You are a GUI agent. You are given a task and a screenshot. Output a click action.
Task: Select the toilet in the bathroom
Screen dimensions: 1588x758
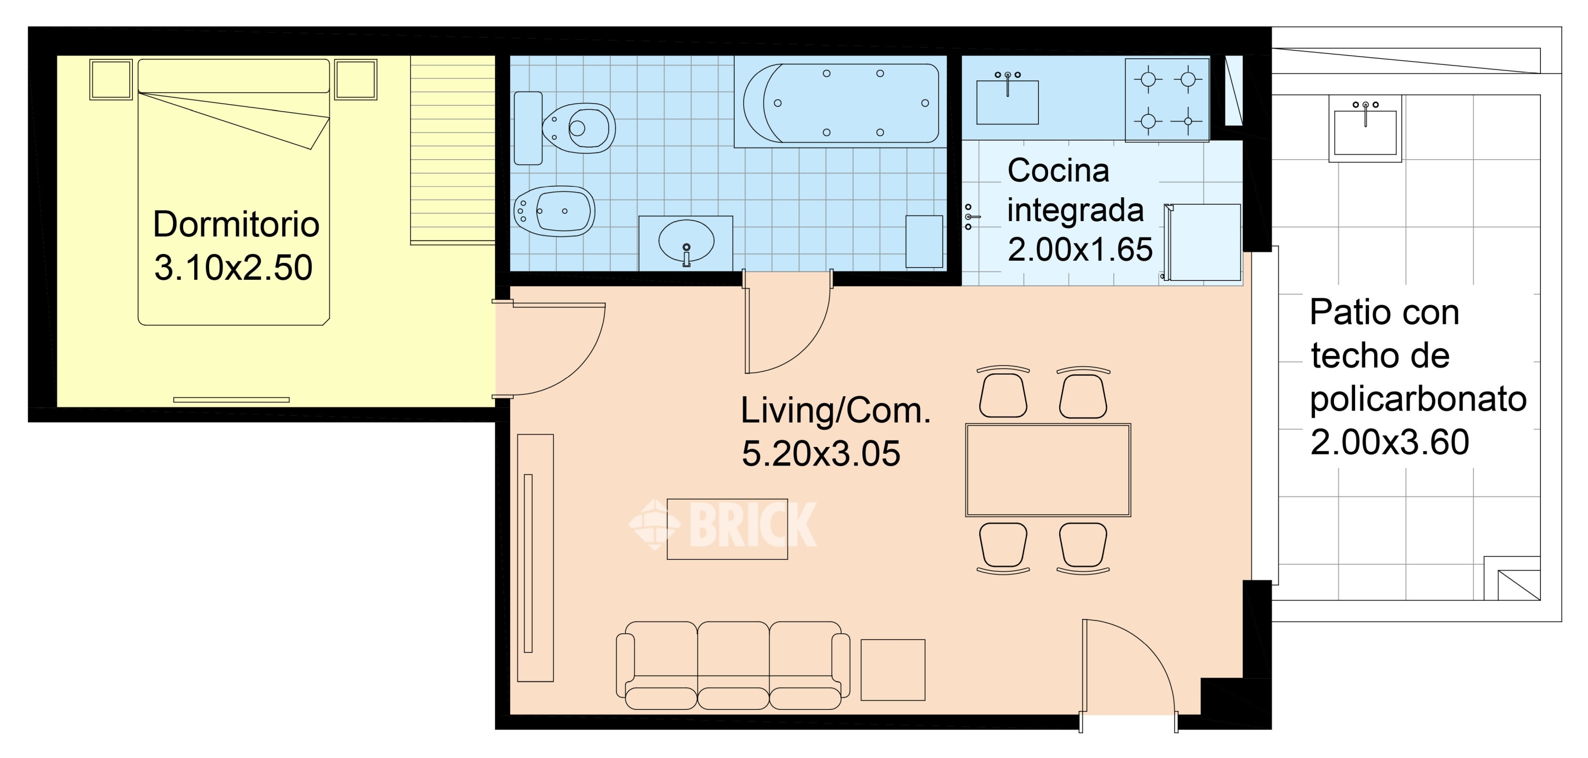coord(565,128)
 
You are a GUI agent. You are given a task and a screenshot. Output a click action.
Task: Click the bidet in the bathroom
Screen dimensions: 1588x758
coord(554,211)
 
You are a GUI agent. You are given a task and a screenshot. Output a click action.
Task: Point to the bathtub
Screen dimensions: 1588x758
coord(840,102)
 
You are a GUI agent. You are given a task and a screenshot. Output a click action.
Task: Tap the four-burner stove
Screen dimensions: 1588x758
coord(1168,100)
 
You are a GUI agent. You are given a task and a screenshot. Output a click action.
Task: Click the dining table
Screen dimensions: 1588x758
coord(1048,470)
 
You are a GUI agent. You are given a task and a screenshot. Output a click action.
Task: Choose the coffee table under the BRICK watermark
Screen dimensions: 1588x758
coord(727,529)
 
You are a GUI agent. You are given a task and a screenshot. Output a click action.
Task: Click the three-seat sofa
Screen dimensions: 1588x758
coord(733,665)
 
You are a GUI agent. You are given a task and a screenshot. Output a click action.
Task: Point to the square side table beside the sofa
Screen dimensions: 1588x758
coord(892,670)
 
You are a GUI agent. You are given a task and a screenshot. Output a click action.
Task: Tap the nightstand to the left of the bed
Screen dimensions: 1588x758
coord(111,79)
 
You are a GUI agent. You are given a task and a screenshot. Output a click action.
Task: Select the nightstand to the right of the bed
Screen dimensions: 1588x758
coord(356,79)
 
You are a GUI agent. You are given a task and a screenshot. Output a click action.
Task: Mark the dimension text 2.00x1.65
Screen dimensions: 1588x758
coord(1080,250)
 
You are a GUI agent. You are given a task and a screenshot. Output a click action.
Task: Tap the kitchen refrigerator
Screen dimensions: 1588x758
coord(1202,242)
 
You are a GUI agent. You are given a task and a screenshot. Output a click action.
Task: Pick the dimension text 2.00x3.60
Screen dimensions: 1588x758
coord(1389,442)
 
